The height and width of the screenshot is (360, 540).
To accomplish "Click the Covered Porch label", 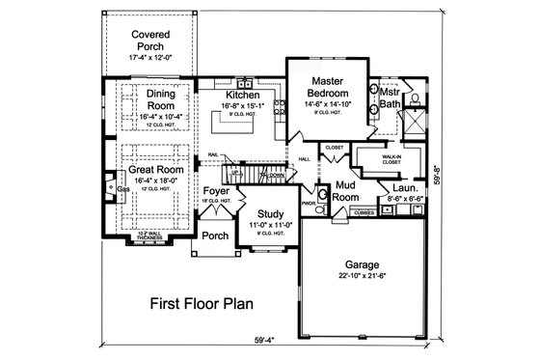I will point(149,39).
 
